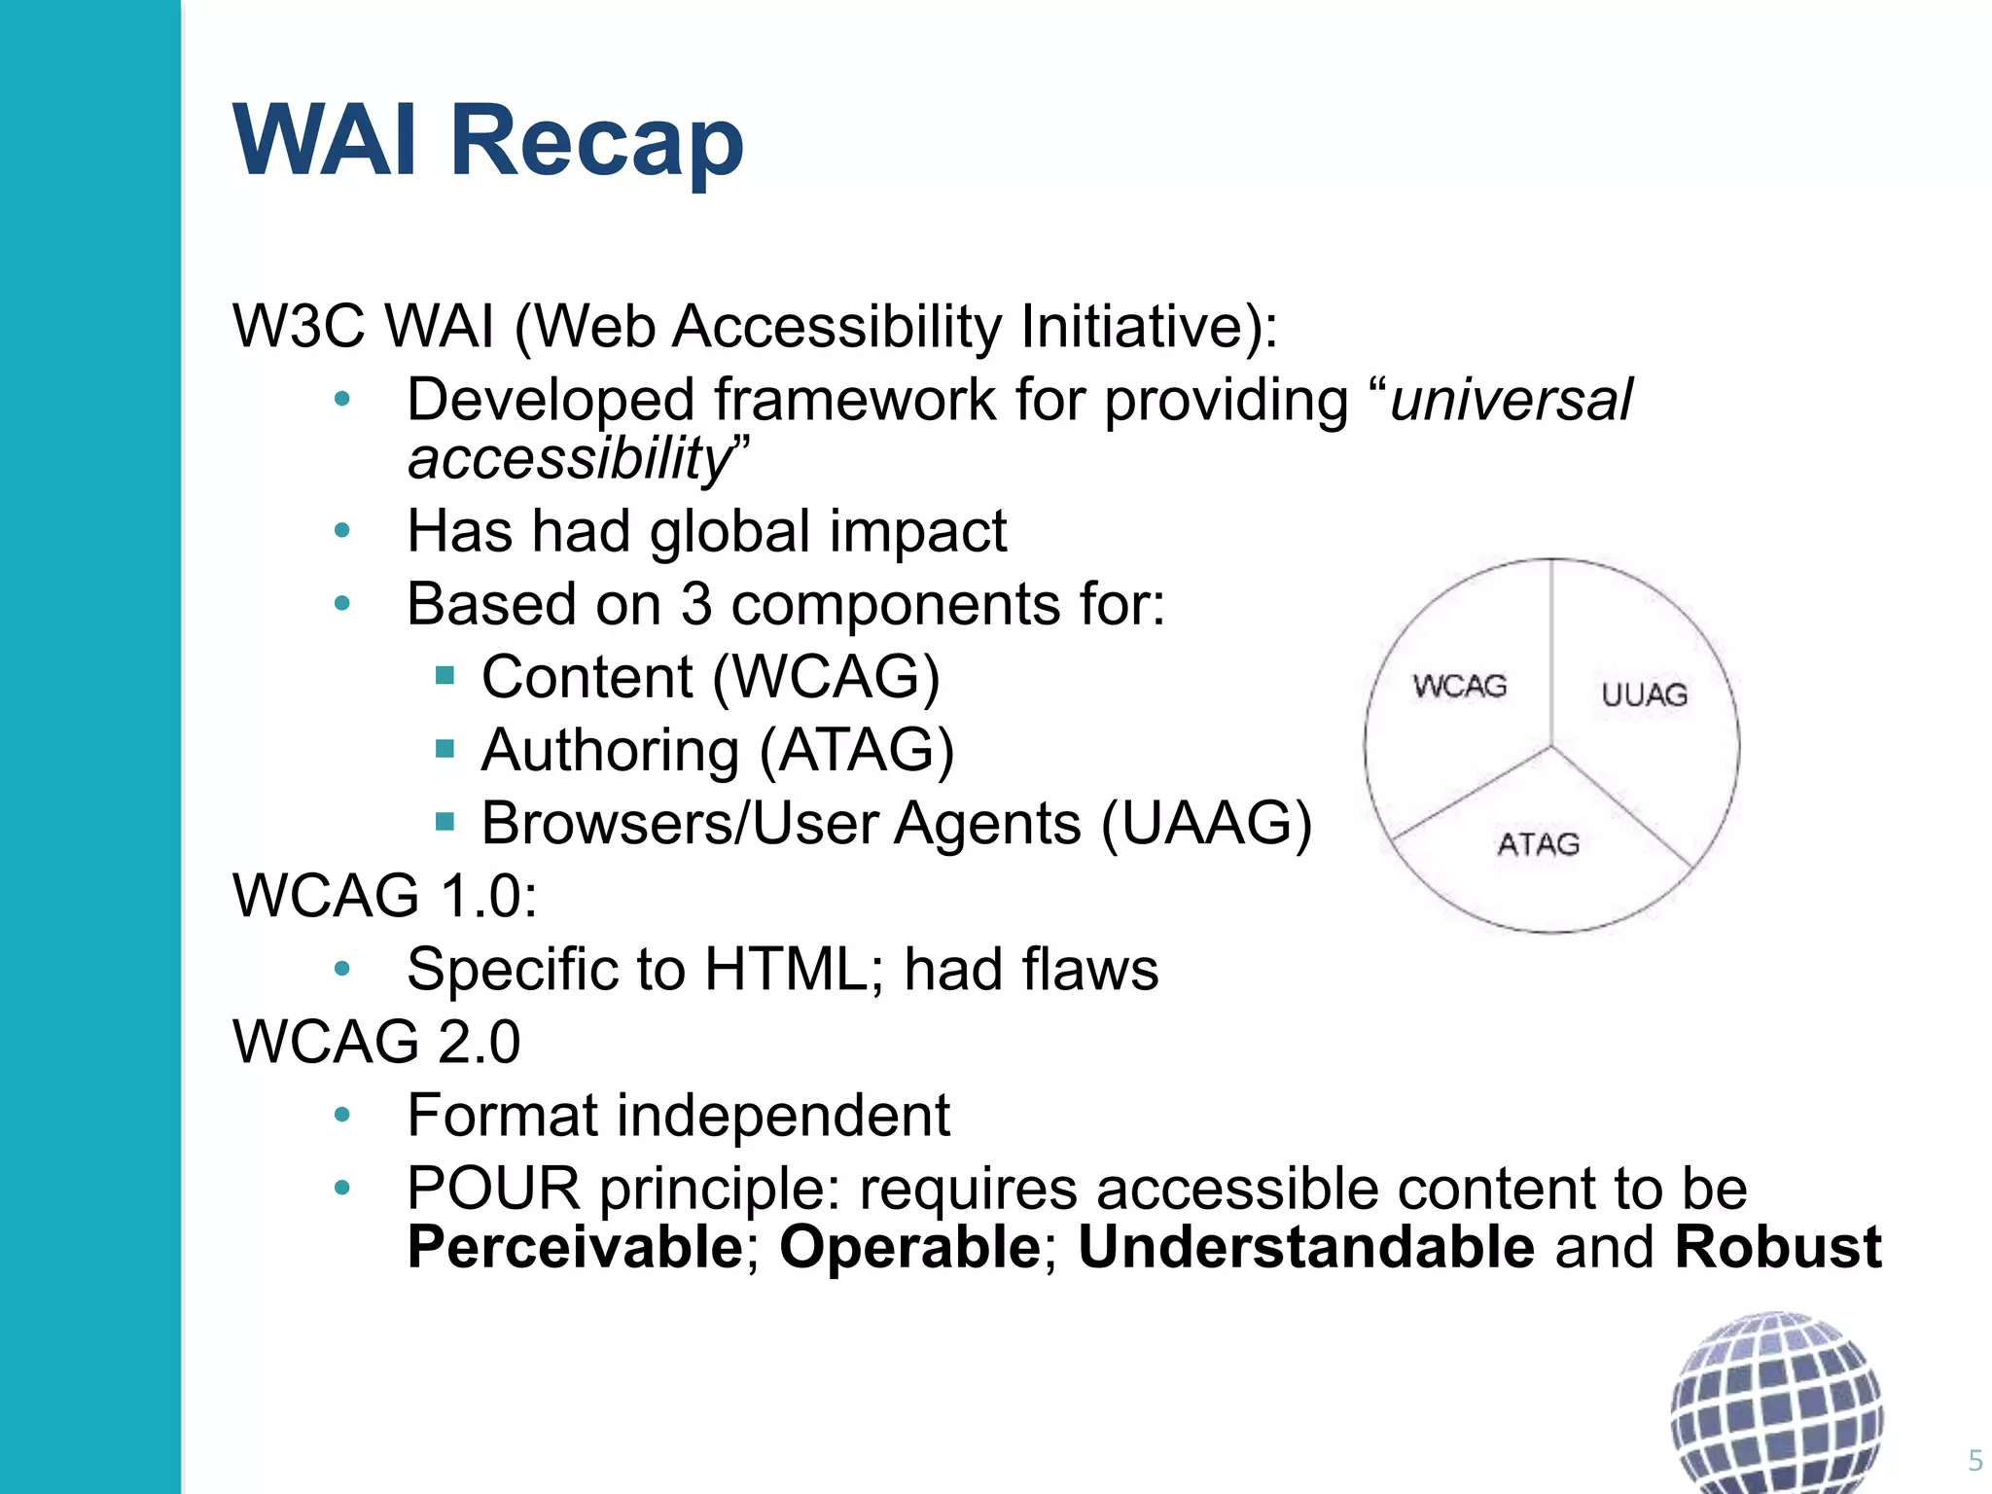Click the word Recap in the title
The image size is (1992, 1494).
click(595, 141)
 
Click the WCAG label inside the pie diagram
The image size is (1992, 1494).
click(1459, 687)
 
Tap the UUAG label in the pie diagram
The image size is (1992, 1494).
click(1644, 694)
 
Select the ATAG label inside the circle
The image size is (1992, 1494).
click(1538, 844)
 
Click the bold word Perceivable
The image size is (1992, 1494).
click(575, 1248)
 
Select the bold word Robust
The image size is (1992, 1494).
click(1777, 1248)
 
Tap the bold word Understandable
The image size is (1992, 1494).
click(1305, 1248)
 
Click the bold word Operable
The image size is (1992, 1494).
click(909, 1248)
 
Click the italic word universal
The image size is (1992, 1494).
click(1511, 400)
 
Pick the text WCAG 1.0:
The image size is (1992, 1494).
click(384, 896)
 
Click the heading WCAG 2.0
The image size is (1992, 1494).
click(376, 1042)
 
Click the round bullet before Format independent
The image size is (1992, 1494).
click(341, 1115)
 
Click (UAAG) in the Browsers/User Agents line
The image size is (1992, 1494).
click(1206, 824)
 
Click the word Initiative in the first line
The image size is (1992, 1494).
click(1148, 326)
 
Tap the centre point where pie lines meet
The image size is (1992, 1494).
click(1551, 747)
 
